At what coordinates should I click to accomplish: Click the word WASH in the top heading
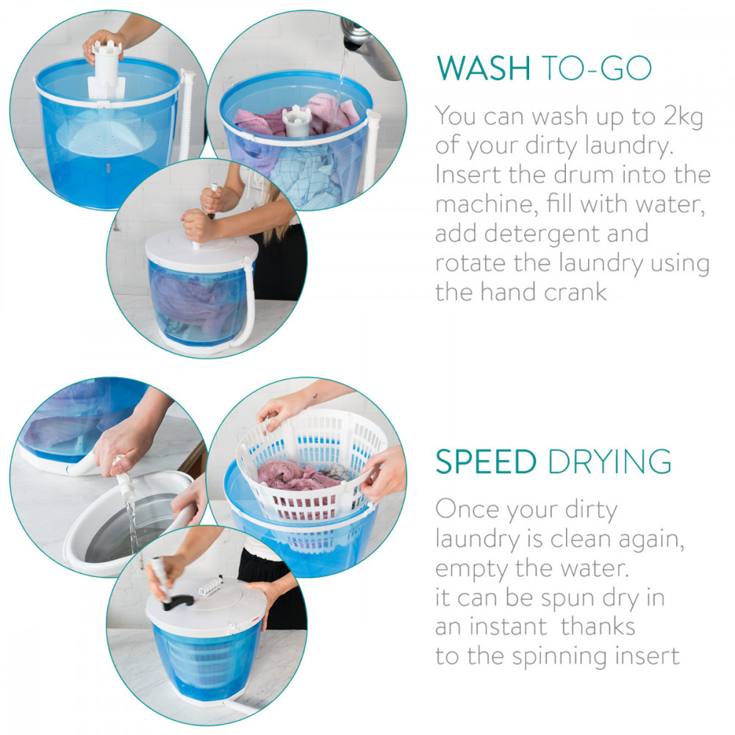pyautogui.click(x=484, y=68)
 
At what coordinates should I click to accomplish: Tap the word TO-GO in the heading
pyautogui.click(x=597, y=68)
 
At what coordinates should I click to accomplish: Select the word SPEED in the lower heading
pyautogui.click(x=486, y=462)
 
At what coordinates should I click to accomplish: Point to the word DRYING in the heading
pyautogui.click(x=609, y=462)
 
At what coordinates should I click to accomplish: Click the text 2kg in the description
pyautogui.click(x=683, y=117)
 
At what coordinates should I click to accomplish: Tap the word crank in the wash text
pyautogui.click(x=576, y=292)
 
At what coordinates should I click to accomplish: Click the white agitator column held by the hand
pyautogui.click(x=107, y=71)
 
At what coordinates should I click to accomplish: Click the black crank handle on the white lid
pyautogui.click(x=178, y=603)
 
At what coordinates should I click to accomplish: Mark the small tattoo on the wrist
pyautogui.click(x=315, y=396)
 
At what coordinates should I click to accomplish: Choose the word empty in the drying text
pyautogui.click(x=472, y=569)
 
